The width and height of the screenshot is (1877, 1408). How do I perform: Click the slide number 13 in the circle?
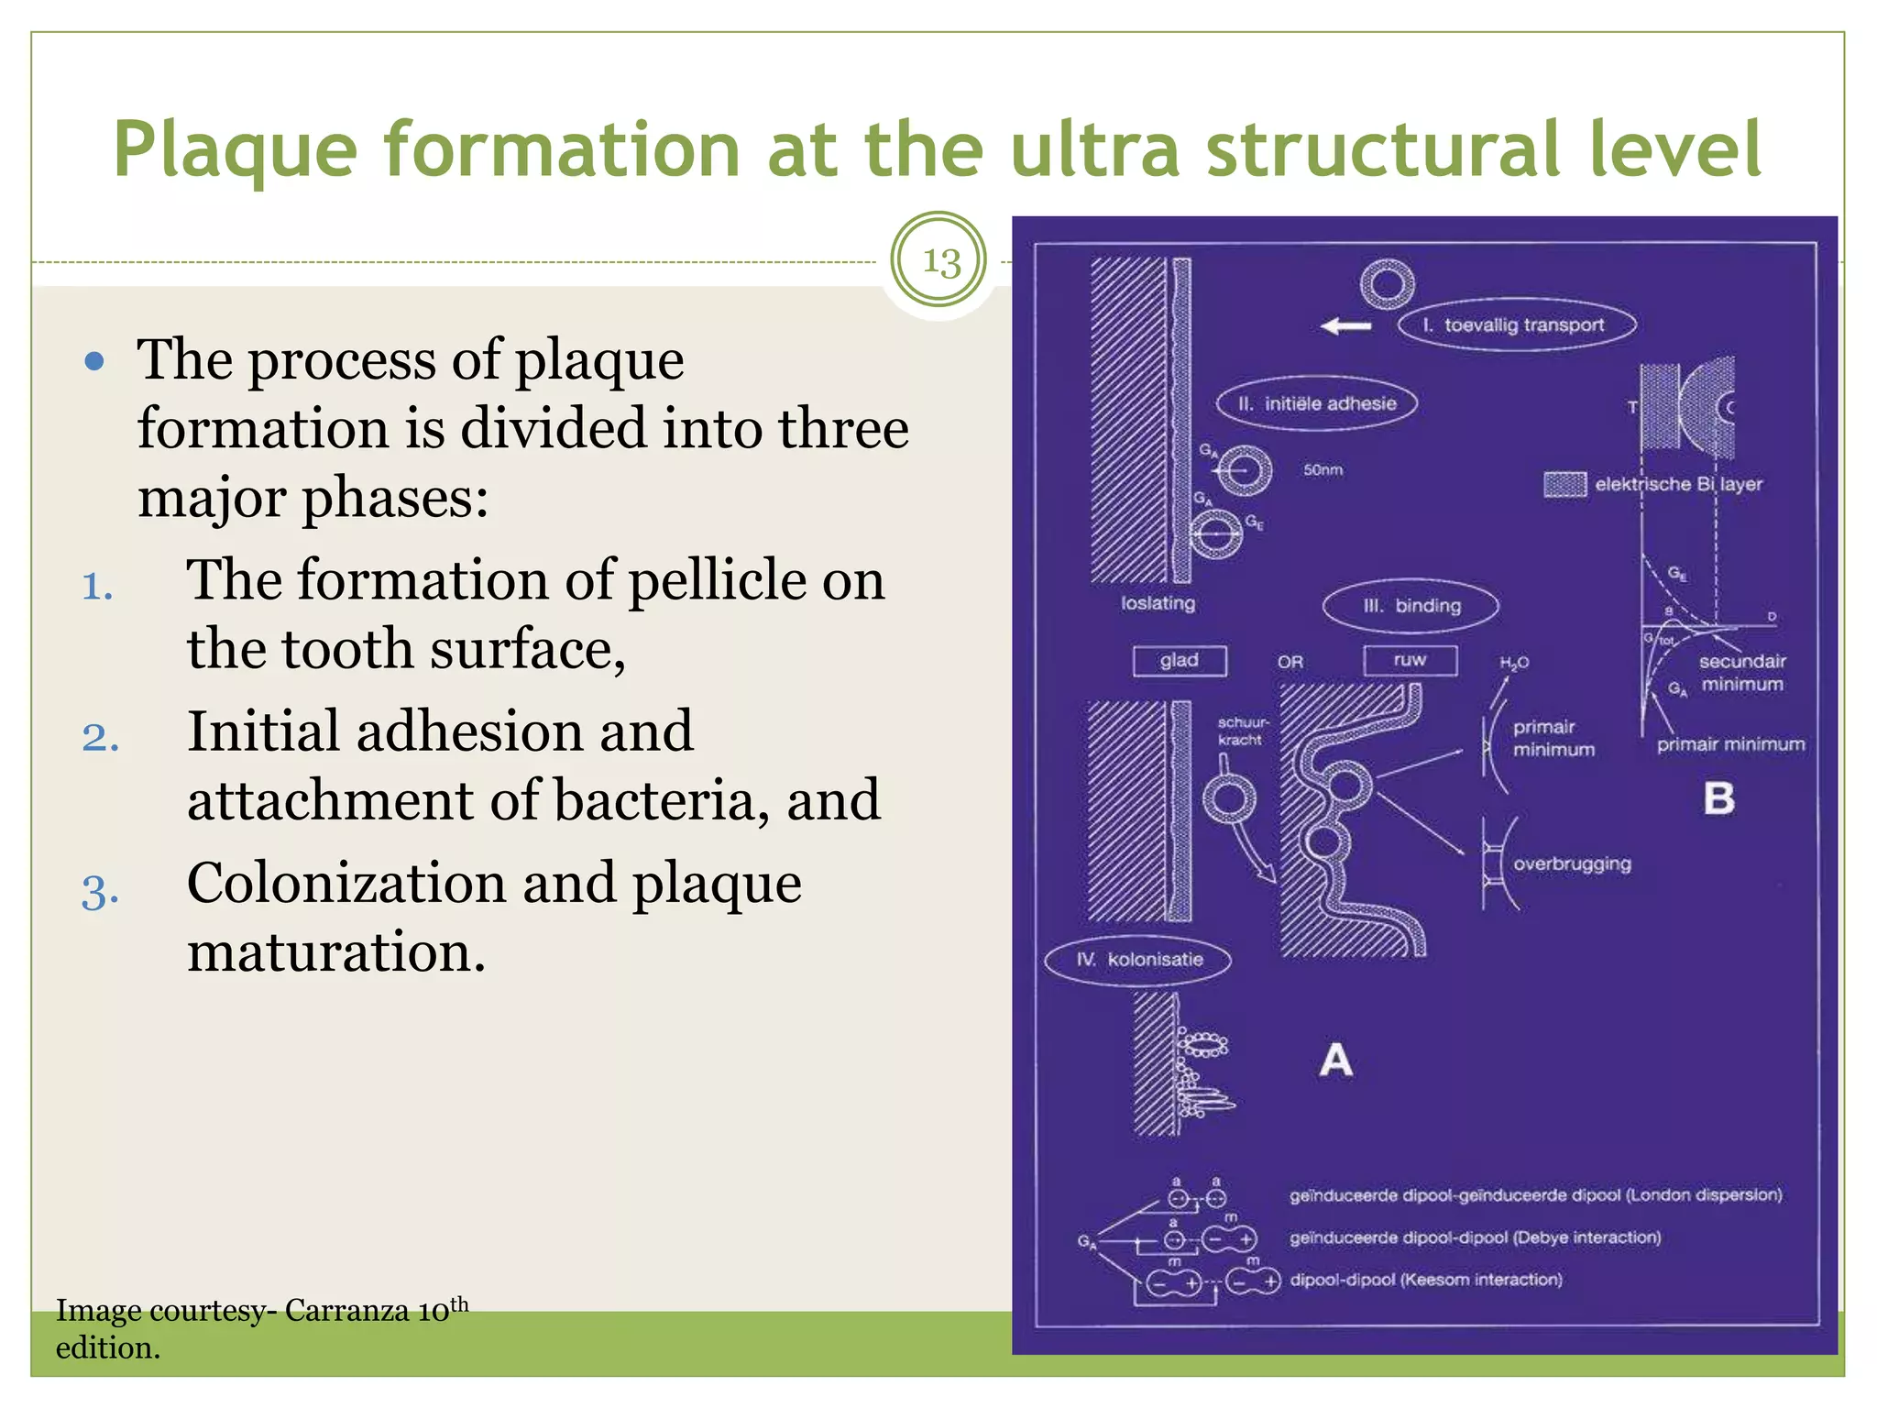(939, 261)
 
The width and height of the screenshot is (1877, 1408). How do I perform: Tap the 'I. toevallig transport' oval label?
(1517, 325)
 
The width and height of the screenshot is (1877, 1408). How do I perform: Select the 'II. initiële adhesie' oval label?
(1317, 404)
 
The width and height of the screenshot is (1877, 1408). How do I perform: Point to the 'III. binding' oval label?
(1411, 606)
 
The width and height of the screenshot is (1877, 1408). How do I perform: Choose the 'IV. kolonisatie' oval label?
(1137, 960)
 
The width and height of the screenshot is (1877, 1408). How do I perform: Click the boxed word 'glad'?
(1180, 661)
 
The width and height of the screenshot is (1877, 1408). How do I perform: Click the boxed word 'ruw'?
(1410, 660)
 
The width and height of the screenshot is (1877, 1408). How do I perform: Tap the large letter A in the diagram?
(1336, 1061)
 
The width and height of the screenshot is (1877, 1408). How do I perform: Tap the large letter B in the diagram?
(1719, 799)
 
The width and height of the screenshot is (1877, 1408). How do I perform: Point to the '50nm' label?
(1323, 470)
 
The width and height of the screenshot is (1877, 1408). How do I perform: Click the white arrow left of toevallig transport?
(1346, 325)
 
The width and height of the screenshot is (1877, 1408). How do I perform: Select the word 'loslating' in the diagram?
(1158, 603)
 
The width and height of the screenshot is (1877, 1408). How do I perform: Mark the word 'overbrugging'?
(1572, 864)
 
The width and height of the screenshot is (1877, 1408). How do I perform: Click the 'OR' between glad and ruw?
(1290, 662)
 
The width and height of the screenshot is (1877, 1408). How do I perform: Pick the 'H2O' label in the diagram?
(1514, 663)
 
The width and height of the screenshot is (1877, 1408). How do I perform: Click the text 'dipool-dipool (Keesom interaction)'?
(1426, 1280)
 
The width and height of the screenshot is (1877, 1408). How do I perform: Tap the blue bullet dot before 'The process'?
(93, 361)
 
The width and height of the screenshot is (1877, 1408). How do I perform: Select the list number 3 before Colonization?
(100, 892)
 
